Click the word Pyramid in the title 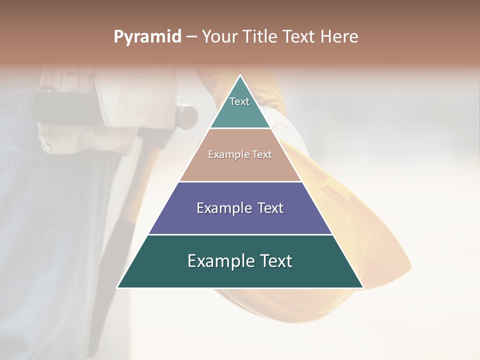147,37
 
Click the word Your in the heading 219,37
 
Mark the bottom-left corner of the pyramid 118,287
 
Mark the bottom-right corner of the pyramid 363,287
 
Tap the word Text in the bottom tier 274,261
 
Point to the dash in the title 191,37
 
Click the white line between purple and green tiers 240,234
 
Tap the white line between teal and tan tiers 240,128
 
